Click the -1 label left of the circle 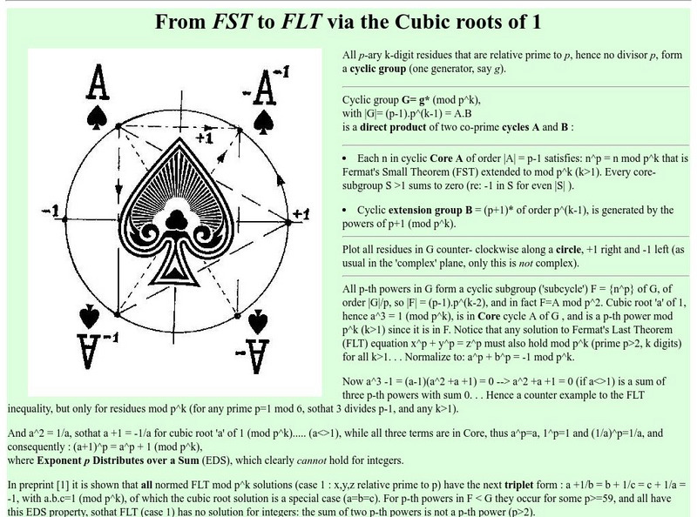50,212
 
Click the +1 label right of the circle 301,214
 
